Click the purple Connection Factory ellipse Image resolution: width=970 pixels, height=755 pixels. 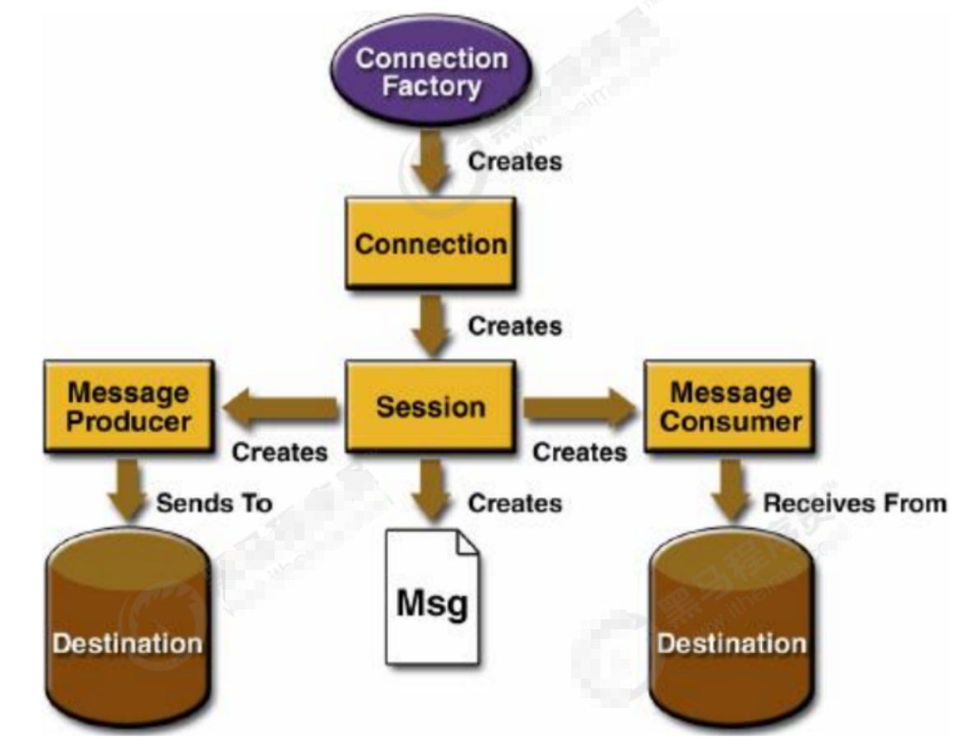click(x=432, y=72)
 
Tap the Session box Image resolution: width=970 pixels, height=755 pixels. click(x=431, y=407)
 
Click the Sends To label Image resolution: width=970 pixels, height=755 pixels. click(x=215, y=503)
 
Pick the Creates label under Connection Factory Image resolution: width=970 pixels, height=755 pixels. click(x=515, y=160)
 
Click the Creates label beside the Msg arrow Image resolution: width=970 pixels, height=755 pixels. click(x=515, y=502)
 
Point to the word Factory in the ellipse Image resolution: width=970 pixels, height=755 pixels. click(x=432, y=87)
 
